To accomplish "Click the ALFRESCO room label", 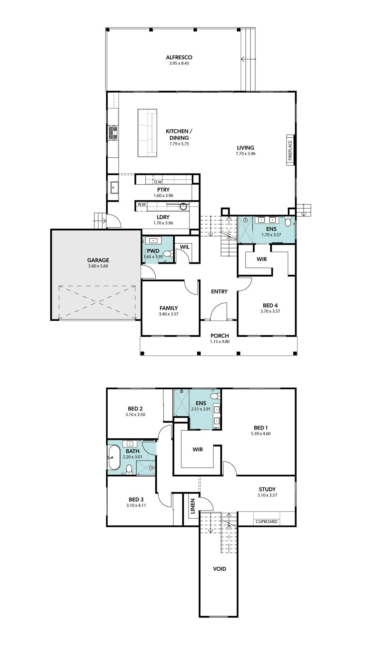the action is pos(179,57).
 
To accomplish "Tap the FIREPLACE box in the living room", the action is pos(290,150).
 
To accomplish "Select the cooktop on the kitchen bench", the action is pos(113,133).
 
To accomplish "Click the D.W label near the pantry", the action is pos(158,182).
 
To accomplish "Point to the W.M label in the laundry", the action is pos(141,204).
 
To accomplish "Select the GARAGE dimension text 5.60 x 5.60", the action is pos(98,266).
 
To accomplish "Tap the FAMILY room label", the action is pos(169,308).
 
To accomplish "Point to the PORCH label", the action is pos(220,336).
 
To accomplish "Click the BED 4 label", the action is pos(270,305).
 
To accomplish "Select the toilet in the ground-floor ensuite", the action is pos(288,221).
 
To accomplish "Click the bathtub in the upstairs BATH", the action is pos(114,457).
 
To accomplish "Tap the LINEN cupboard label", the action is pos(193,506).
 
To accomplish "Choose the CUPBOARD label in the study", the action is pos(267,521).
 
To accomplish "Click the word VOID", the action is pos(219,569).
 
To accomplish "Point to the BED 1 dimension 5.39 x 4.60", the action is pos(261,434).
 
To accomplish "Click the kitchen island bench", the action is pos(147,133).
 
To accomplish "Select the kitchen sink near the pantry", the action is pos(114,188).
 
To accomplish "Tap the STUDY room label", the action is pos(267,489).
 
